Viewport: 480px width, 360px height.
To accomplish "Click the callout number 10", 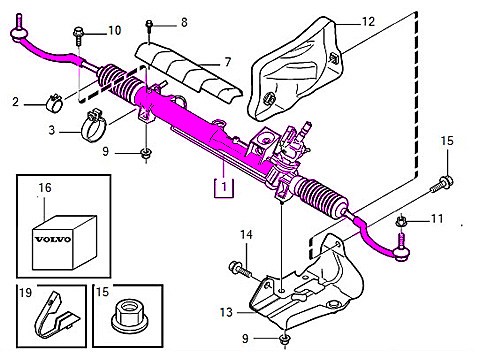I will [114, 31].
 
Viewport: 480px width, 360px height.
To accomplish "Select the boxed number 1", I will [227, 185].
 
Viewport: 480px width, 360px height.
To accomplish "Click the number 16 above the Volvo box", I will [44, 187].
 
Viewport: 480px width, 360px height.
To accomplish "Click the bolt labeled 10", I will [78, 41].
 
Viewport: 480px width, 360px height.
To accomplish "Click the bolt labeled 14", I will [239, 267].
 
